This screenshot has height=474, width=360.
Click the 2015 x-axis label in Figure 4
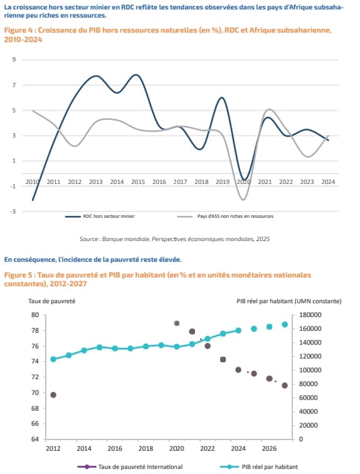coord(138,182)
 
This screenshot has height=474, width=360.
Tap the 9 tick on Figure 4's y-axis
coord(14,60)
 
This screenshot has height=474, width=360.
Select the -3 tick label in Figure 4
coord(13,212)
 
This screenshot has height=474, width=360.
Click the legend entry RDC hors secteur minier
coord(100,217)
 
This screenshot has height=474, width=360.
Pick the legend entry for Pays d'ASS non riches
coord(225,217)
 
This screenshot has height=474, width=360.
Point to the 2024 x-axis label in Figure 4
coord(328,182)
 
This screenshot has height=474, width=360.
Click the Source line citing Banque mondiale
coord(174,239)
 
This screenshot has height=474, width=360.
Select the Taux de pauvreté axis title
coord(51,301)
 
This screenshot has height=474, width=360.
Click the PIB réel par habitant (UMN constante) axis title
coord(289,301)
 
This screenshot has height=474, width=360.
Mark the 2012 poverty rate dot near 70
coord(53,395)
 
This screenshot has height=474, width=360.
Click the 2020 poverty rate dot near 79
coord(177,323)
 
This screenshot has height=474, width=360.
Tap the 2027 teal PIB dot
coord(285,325)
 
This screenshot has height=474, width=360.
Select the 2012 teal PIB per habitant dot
coord(53,360)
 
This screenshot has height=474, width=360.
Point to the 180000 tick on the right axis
coord(310,315)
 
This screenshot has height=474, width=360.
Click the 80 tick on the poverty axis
coord(35,315)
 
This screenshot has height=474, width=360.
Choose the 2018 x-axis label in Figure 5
coord(146,448)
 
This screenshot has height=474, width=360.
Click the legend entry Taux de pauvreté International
coord(130,466)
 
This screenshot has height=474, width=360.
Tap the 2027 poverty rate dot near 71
coord(285,385)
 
